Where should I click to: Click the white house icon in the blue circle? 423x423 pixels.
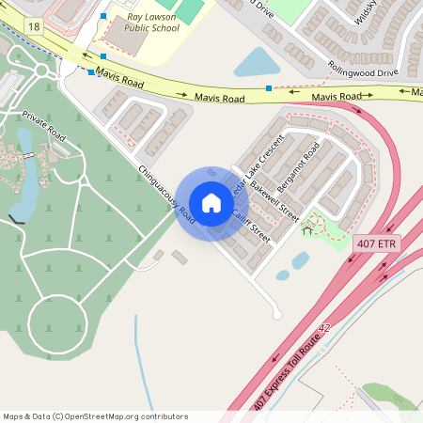[x=211, y=203]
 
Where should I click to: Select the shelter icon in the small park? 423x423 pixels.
[x=306, y=230]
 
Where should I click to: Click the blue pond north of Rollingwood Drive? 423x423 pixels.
[x=254, y=63]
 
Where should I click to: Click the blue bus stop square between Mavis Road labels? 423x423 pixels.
[x=269, y=88]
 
